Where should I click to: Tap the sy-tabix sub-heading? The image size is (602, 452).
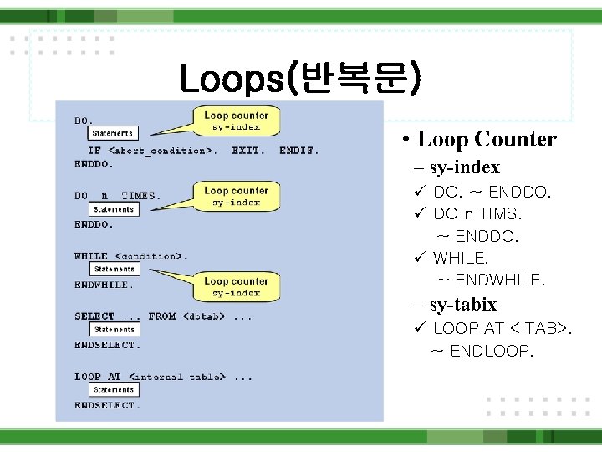tap(462, 304)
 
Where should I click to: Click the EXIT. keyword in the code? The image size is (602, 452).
tap(248, 152)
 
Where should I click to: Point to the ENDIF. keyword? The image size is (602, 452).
tap(298, 152)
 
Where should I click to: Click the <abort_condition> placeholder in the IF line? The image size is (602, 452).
tap(162, 152)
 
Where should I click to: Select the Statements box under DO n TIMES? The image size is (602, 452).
tap(114, 209)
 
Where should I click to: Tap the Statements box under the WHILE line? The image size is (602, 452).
tap(114, 270)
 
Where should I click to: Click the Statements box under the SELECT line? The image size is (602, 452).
tap(114, 330)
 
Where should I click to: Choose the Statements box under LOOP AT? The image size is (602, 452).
tap(114, 389)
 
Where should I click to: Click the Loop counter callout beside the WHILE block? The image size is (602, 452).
tap(236, 287)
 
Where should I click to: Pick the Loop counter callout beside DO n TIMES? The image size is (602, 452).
tap(236, 196)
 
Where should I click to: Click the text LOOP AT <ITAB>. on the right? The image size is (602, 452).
tap(503, 328)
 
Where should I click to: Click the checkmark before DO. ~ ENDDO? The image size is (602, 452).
tap(421, 193)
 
